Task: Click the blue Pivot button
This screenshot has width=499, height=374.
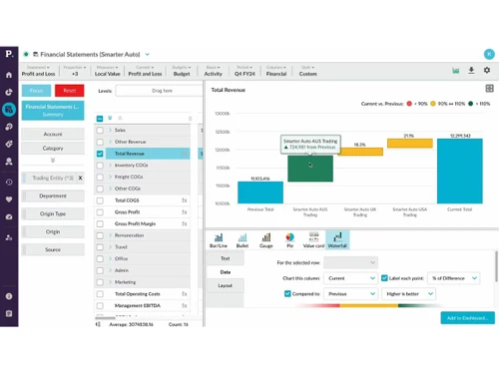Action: (37, 90)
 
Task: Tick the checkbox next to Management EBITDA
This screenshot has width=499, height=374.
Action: (100, 306)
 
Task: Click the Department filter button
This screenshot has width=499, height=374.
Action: (53, 196)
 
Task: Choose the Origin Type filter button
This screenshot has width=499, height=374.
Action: (53, 214)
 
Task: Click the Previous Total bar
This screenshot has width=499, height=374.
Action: (260, 192)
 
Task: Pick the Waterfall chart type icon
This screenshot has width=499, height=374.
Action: (337, 239)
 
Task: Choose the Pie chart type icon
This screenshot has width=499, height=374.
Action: (289, 239)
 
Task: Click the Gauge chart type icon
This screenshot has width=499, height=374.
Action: (265, 239)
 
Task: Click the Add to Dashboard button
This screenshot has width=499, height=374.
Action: (466, 317)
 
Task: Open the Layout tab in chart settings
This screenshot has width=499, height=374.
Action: (225, 285)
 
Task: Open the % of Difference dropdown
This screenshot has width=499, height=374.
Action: (454, 278)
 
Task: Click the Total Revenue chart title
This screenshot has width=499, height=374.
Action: (229, 90)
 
